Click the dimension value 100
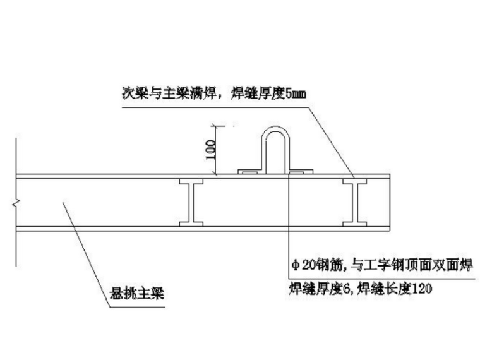211,150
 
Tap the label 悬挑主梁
137,293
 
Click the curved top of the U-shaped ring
275,129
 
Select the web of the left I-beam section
191,203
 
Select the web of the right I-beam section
355,203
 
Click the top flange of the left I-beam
191,181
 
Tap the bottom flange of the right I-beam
355,224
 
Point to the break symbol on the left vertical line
16,203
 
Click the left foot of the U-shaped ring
250,171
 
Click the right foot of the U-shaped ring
301,171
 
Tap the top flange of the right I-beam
355,181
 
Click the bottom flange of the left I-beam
191,224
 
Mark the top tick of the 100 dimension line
216,126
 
